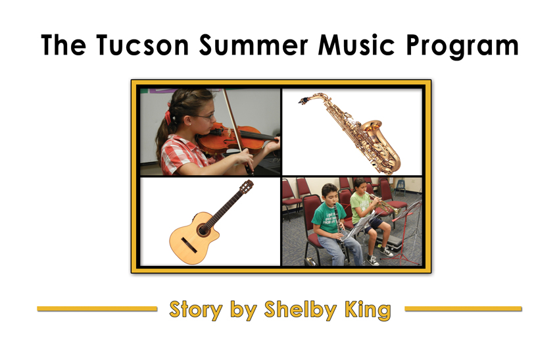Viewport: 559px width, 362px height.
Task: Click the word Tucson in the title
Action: pyautogui.click(x=142, y=45)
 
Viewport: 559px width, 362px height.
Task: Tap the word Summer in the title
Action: pyautogui.click(x=253, y=45)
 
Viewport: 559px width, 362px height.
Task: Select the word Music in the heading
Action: pyautogui.click(x=356, y=45)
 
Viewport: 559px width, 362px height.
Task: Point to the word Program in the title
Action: pyautogui.click(x=462, y=47)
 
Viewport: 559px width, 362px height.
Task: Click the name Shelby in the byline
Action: pyautogui.click(x=300, y=309)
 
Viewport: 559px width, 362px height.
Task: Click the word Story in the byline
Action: pyautogui.click(x=196, y=309)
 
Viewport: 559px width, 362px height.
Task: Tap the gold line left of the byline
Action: pyautogui.click(x=97, y=309)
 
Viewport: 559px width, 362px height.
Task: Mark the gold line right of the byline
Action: pyautogui.click(x=463, y=309)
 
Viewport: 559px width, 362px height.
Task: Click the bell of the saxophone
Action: pyautogui.click(x=372, y=128)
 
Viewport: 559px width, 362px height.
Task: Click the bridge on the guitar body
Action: pyautogui.click(x=189, y=245)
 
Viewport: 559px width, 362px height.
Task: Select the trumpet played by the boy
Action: pyautogui.click(x=384, y=203)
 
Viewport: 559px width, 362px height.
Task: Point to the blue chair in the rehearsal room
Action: pyautogui.click(x=400, y=187)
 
